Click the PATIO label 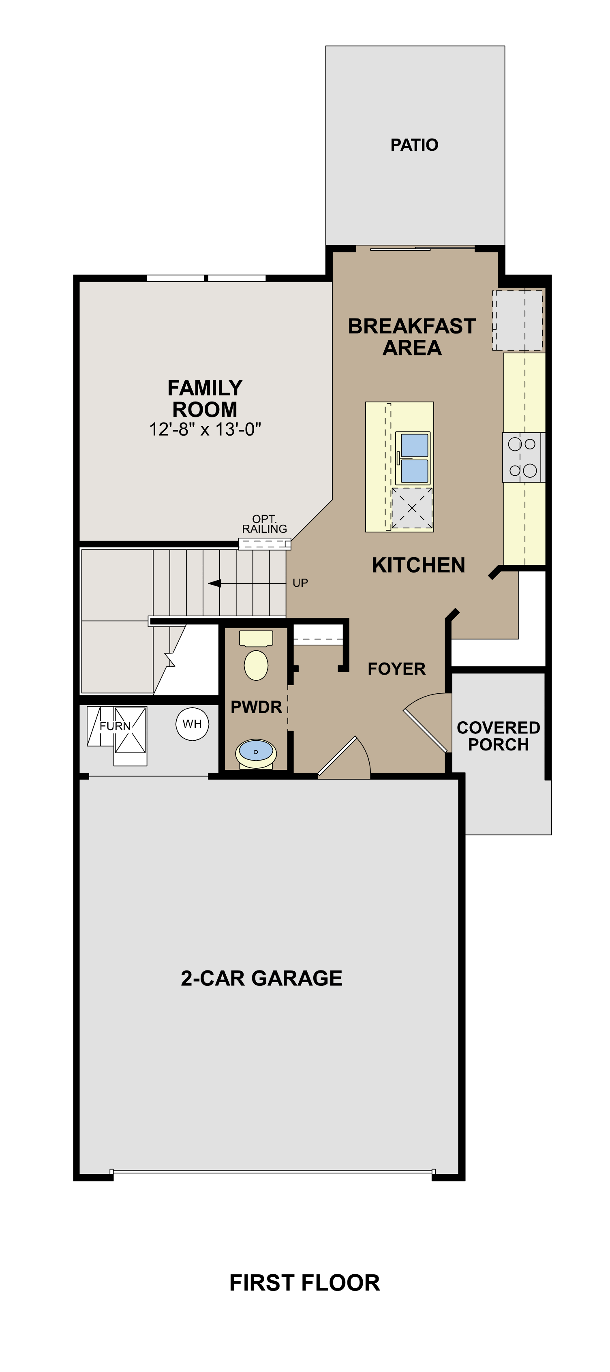414,145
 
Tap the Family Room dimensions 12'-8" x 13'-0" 205,429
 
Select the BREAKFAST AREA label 411,337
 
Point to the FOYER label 396,669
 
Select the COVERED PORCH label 498,736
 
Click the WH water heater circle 193,724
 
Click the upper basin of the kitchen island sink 414,445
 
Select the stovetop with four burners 522,457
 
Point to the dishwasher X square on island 412,508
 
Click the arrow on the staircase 215,583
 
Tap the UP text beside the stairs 300,583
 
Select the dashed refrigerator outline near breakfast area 517,320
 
